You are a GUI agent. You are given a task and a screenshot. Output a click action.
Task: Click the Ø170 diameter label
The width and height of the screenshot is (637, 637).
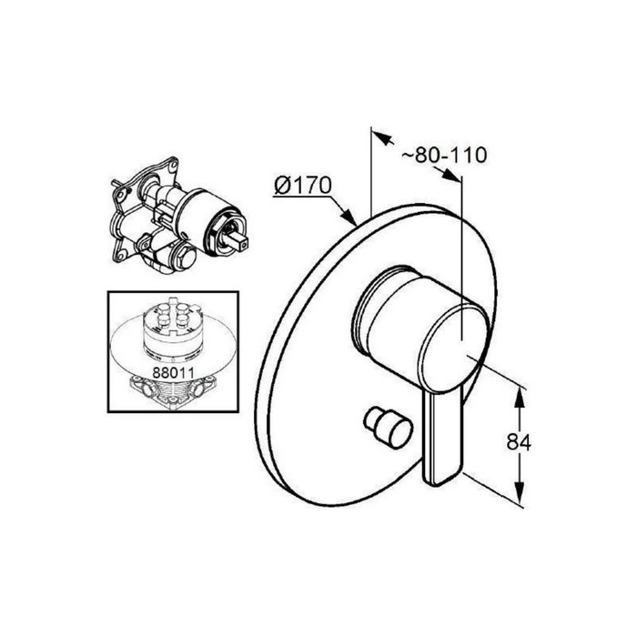pos(303,186)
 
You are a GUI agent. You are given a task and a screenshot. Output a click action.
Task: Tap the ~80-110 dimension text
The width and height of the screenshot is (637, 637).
pos(444,155)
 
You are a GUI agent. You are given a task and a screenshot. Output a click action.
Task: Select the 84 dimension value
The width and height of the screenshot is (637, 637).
pos(519,442)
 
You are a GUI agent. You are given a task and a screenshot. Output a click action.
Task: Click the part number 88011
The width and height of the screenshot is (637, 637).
pos(173,372)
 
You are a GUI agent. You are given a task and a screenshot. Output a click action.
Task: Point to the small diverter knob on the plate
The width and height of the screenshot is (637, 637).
pos(389,429)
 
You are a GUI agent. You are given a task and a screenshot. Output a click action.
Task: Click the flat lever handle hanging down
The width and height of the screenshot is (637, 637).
pos(443,439)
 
